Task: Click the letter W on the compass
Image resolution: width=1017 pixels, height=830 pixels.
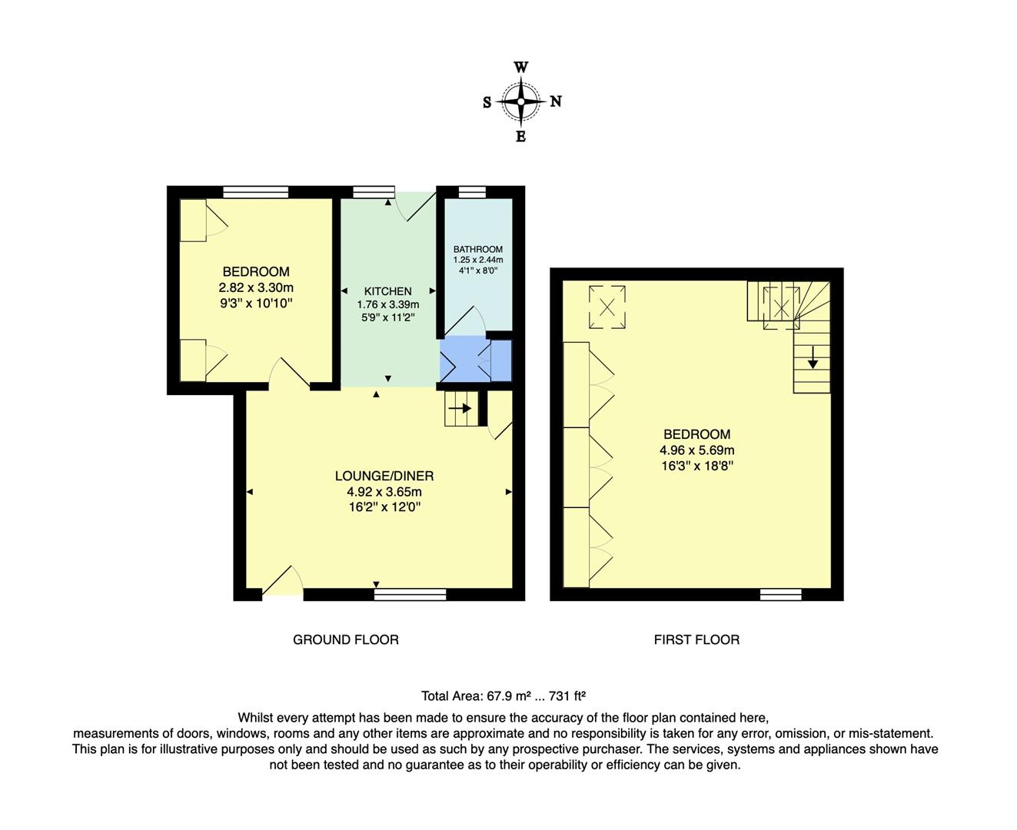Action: point(520,68)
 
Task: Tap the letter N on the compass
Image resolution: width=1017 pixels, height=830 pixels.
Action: point(556,101)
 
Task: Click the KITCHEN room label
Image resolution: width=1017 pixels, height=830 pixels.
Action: point(387,291)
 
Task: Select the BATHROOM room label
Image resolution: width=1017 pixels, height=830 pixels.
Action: point(477,249)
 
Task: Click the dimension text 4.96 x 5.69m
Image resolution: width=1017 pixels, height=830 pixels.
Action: point(696,450)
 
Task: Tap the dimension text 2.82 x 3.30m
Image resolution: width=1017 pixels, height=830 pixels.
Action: point(256,287)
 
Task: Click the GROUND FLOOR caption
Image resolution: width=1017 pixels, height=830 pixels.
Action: point(345,639)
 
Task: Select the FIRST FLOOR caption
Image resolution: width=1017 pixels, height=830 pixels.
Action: point(696,639)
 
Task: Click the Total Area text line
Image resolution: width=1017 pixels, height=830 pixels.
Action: point(504,696)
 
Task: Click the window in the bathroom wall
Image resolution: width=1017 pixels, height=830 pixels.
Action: point(472,191)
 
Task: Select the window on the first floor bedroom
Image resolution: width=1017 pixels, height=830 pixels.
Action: point(780,594)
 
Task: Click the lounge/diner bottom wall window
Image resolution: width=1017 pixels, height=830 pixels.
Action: point(410,594)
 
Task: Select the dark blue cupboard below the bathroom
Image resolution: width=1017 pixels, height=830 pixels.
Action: point(501,360)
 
